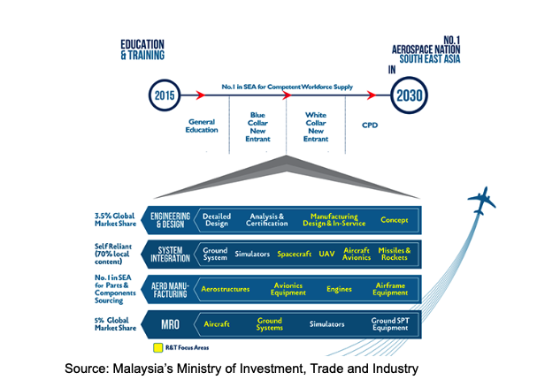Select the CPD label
pyautogui.click(x=369, y=125)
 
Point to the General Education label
pyautogui.click(x=202, y=125)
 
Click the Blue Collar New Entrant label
pyautogui.click(x=257, y=125)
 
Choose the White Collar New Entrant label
pyautogui.click(x=316, y=125)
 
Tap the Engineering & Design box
pyautogui.click(x=170, y=220)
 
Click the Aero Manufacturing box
pyautogui.click(x=170, y=288)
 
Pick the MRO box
pyautogui.click(x=170, y=323)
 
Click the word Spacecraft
pyautogui.click(x=294, y=254)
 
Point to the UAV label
pyautogui.click(x=327, y=254)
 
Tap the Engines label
pyautogui.click(x=339, y=288)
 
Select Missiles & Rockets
pyautogui.click(x=394, y=254)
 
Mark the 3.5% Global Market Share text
pyautogui.click(x=113, y=220)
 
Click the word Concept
pyautogui.click(x=395, y=220)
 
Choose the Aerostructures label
pyautogui.click(x=225, y=288)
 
